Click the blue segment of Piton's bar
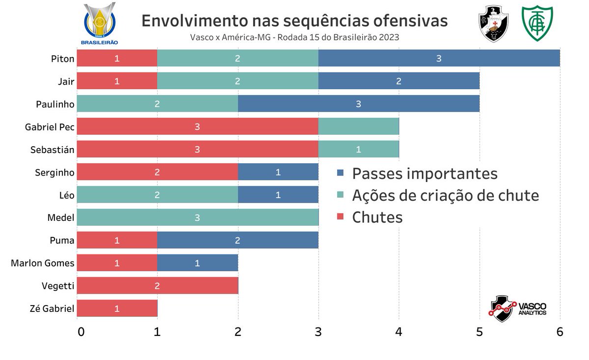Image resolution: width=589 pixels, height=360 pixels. (439, 59)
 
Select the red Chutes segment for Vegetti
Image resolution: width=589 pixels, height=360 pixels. (157, 285)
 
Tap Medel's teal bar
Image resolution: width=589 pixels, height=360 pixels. (197, 218)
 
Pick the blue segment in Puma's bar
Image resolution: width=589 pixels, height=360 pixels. (238, 240)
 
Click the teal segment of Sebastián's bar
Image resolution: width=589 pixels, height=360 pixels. (358, 150)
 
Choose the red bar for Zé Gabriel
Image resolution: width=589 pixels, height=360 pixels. (117, 309)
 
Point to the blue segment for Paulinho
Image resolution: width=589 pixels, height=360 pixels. (358, 104)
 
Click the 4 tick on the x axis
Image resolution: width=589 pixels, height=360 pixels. (399, 332)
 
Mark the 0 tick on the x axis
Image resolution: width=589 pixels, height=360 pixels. (81, 332)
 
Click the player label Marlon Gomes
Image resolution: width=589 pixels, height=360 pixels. (43, 263)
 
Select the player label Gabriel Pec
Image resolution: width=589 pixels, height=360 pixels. (50, 127)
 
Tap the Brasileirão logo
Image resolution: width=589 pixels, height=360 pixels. (101, 24)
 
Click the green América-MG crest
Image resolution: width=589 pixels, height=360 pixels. (537, 23)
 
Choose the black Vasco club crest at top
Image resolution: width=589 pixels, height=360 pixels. (493, 23)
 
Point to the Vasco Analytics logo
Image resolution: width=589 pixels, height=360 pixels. (518, 309)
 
